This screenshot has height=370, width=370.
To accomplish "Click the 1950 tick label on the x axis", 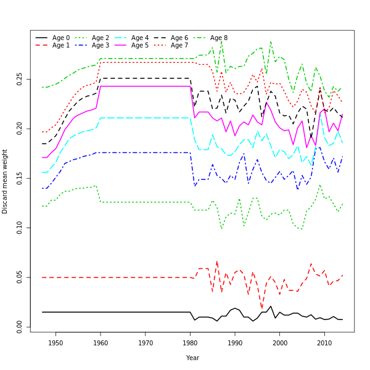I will point(55,343).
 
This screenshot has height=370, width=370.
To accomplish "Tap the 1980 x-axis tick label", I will point(190,343).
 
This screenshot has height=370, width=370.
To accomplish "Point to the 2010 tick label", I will point(324,343).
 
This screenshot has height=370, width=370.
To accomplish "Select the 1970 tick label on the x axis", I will point(146,343).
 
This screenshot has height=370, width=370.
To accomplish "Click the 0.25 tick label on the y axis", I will point(20,79).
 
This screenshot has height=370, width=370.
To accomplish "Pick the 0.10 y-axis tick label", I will point(20,228).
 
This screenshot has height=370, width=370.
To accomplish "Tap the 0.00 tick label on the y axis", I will point(20,327).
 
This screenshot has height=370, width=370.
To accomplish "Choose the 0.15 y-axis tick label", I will point(20,178).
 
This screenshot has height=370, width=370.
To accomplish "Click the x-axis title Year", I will point(192,358).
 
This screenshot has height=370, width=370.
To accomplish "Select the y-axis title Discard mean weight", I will point(6,181).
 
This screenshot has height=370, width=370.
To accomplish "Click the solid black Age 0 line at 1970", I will point(146,312).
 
